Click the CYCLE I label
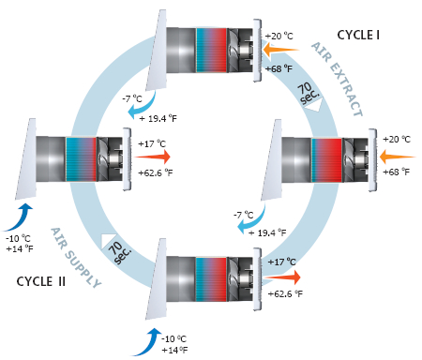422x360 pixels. [x=358, y=35]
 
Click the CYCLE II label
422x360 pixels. [x=41, y=281]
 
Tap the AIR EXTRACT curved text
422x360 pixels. [x=338, y=79]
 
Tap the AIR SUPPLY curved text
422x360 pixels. [x=75, y=258]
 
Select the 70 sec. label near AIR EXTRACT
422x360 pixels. [x=309, y=93]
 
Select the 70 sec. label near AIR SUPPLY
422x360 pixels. [x=119, y=252]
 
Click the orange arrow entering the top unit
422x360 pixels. [x=280, y=50]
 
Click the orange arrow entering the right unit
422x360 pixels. [x=397, y=157]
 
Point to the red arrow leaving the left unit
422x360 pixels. [x=152, y=157]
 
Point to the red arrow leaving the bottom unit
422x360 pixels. [x=282, y=277]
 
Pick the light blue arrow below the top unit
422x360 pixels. [x=143, y=107]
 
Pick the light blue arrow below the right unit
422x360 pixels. [x=251, y=220]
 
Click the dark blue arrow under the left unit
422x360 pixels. [x=20, y=217]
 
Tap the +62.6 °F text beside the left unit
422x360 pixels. [x=156, y=172]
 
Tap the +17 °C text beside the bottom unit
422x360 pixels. [x=281, y=262]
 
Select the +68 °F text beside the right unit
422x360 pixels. [x=396, y=172]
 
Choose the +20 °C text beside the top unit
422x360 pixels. [x=279, y=37]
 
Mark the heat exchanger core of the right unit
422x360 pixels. [x=326, y=160]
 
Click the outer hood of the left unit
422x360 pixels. [x=26, y=158]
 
